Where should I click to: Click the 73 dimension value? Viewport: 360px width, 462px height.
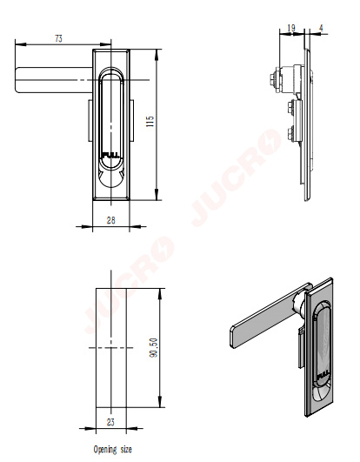click(58, 38)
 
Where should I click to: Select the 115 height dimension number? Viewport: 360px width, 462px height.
click(150, 122)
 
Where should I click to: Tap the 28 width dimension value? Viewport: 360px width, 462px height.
click(111, 220)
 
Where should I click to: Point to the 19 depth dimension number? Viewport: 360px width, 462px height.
click(290, 28)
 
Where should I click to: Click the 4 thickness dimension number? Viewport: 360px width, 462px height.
click(321, 28)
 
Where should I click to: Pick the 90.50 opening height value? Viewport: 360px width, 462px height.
click(153, 348)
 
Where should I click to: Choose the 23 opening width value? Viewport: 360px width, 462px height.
click(110, 422)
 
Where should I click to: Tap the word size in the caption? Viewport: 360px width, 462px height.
click(126, 449)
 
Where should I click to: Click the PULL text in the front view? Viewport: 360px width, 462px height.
click(110, 155)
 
